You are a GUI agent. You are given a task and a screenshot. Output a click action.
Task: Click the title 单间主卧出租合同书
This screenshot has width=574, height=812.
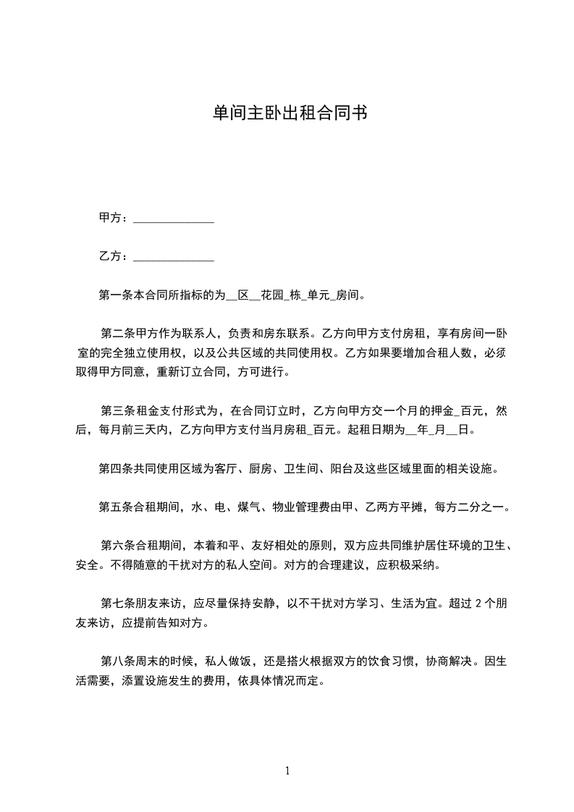click(287, 113)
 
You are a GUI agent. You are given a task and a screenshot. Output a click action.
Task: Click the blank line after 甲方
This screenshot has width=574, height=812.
click(174, 218)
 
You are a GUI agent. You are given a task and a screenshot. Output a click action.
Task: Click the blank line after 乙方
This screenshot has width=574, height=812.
click(174, 256)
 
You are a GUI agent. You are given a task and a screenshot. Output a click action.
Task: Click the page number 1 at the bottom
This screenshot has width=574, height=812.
click(287, 771)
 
